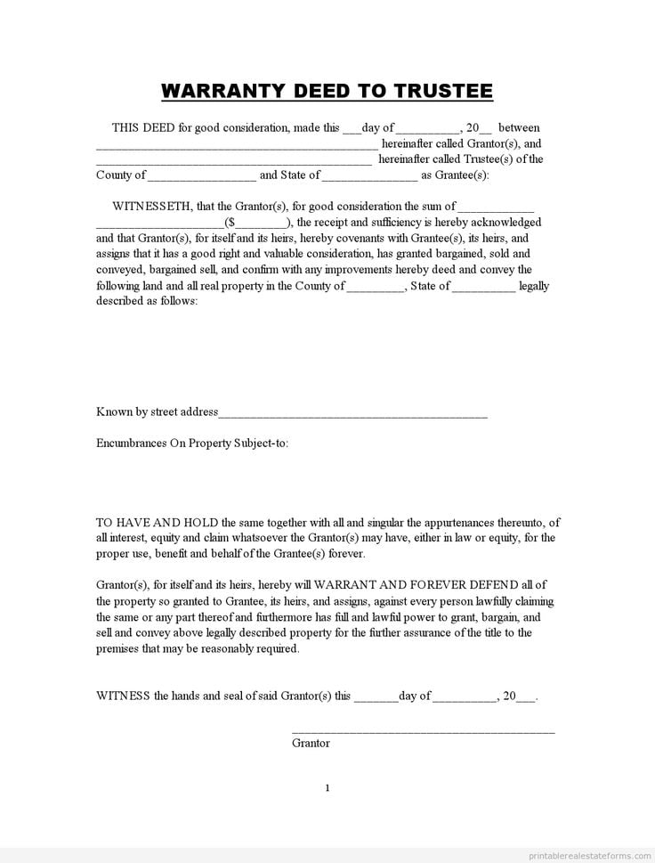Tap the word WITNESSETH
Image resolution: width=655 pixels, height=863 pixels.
pyautogui.click(x=151, y=207)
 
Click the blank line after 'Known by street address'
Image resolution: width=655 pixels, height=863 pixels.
pyautogui.click(x=352, y=413)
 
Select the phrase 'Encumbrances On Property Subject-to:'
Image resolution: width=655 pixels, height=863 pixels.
pyautogui.click(x=192, y=443)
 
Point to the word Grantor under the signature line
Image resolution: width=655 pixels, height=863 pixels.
pyautogui.click(x=311, y=743)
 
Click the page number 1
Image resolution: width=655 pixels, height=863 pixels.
pyautogui.click(x=327, y=787)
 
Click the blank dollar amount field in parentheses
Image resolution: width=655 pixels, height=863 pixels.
pyautogui.click(x=261, y=223)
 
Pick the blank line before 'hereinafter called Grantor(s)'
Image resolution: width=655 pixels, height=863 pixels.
pyautogui.click(x=237, y=144)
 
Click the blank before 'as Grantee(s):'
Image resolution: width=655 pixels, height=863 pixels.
pyautogui.click(x=368, y=175)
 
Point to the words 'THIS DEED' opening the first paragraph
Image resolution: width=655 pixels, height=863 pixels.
pyautogui.click(x=143, y=127)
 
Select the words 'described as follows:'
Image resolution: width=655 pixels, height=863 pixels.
pyautogui.click(x=147, y=301)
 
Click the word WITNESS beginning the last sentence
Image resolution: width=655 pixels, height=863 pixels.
pyautogui.click(x=123, y=696)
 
